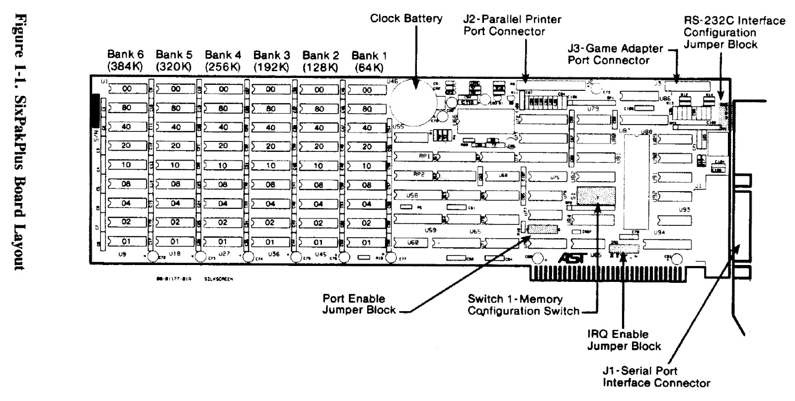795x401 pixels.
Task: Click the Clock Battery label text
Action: click(406, 19)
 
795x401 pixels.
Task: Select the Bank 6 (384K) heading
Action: click(126, 60)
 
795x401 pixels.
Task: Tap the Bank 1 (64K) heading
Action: click(368, 60)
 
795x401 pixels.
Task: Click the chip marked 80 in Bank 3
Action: click(271, 109)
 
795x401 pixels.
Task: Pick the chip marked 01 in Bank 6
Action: click(126, 242)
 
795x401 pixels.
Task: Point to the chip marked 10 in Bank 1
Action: click(367, 166)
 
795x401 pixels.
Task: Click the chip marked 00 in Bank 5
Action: click(175, 89)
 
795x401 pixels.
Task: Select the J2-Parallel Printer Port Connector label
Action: click(512, 25)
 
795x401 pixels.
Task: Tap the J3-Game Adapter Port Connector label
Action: click(615, 54)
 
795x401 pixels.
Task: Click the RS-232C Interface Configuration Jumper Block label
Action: click(734, 32)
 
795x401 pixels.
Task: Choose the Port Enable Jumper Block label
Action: click(359, 304)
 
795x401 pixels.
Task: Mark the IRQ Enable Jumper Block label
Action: click(624, 340)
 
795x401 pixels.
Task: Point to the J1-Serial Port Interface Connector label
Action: click(656, 377)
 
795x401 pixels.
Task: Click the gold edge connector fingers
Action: click(616, 272)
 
